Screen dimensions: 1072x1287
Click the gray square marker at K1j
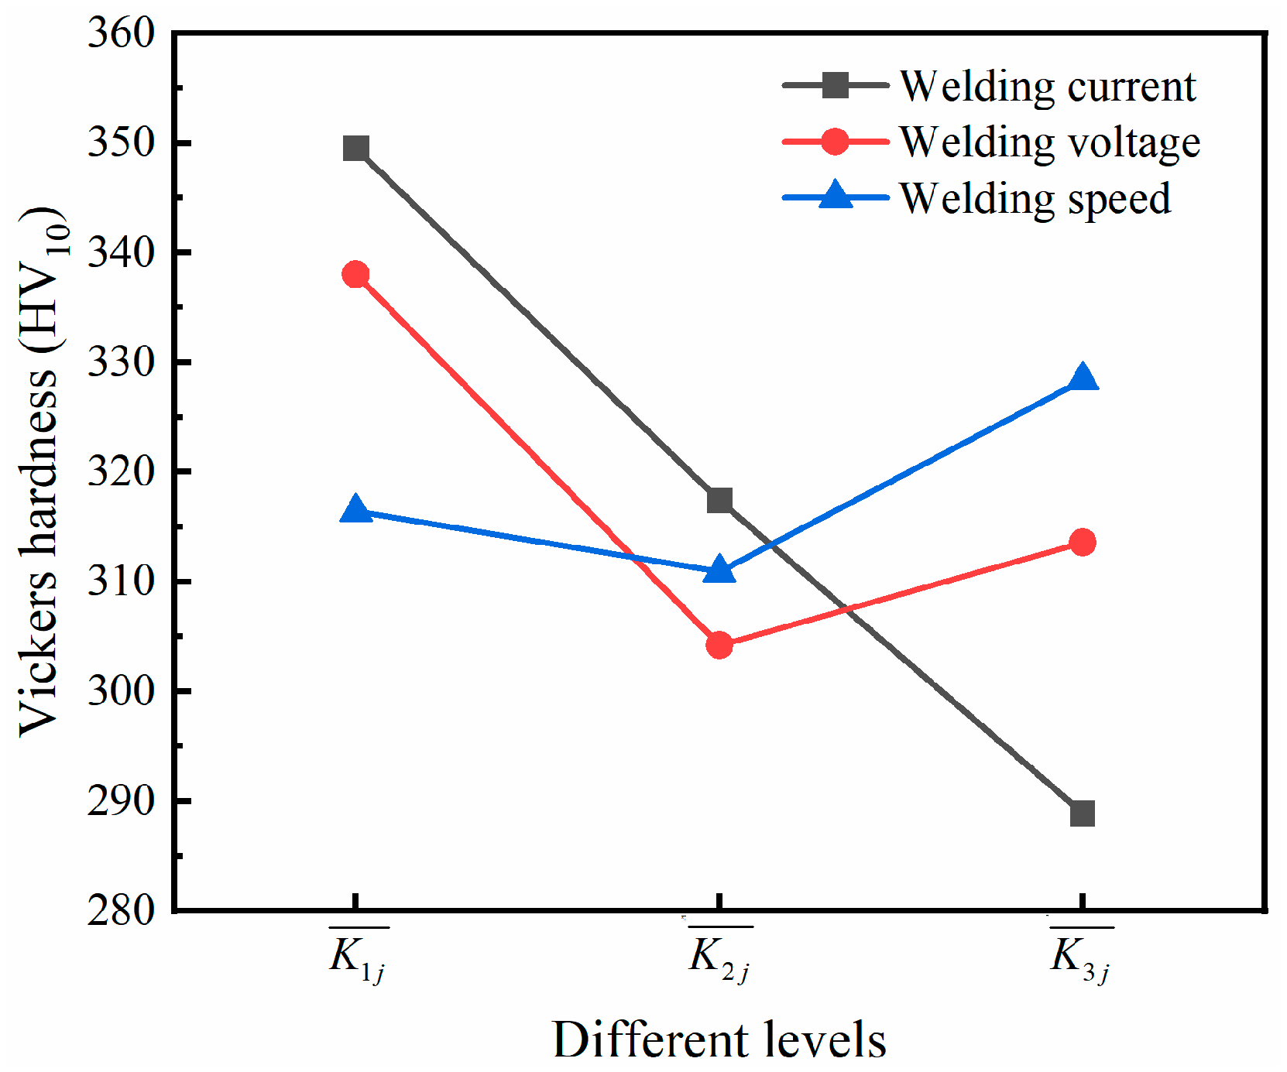tap(355, 148)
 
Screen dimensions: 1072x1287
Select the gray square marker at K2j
tap(719, 500)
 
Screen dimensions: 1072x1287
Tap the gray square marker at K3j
tap(1083, 813)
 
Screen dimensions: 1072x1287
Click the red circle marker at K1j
tap(355, 274)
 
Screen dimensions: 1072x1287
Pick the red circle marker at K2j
tap(719, 644)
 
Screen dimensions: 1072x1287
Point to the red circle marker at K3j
tap(1083, 542)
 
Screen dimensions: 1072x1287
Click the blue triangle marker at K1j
tap(355, 510)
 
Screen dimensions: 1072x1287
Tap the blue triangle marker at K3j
tap(1083, 378)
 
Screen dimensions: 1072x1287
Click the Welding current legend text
tap(1047, 86)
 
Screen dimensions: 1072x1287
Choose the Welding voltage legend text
tap(1049, 142)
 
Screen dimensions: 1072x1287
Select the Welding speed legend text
tap(1035, 199)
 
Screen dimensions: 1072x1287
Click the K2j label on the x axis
tap(719, 957)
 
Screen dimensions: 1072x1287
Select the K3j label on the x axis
tap(1081, 957)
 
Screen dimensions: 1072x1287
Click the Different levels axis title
tap(719, 1039)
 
